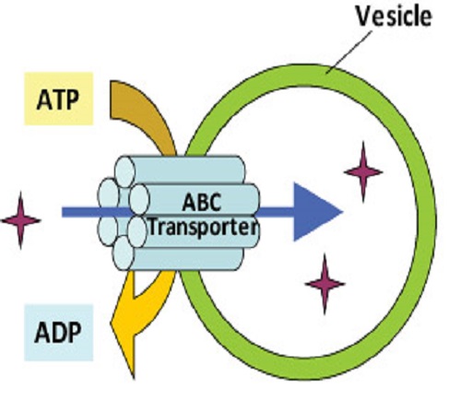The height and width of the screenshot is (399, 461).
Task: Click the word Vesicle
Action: (394, 17)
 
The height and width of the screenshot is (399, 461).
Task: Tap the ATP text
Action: (57, 100)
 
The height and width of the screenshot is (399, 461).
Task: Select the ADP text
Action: (58, 333)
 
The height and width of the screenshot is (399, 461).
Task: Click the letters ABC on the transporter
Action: (202, 202)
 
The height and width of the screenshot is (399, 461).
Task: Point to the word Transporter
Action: (203, 228)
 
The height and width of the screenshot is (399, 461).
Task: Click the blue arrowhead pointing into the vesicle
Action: (316, 212)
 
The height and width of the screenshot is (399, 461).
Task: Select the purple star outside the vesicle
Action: (20, 220)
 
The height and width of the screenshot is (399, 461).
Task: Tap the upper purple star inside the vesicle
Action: (363, 172)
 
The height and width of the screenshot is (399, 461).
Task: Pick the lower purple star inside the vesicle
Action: (325, 284)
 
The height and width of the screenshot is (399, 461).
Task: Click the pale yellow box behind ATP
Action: (58, 99)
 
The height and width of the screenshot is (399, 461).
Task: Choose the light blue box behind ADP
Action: (58, 333)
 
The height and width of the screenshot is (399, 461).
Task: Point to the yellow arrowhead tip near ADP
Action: (134, 379)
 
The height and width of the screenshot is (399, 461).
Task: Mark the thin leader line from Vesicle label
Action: (349, 53)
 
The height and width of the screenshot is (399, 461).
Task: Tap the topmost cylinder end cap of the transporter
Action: (125, 172)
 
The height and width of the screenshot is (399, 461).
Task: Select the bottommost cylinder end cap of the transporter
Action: (124, 253)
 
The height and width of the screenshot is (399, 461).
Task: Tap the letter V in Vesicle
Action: (364, 17)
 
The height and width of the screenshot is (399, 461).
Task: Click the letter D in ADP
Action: (59, 333)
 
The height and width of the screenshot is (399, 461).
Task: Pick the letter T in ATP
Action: (58, 100)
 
